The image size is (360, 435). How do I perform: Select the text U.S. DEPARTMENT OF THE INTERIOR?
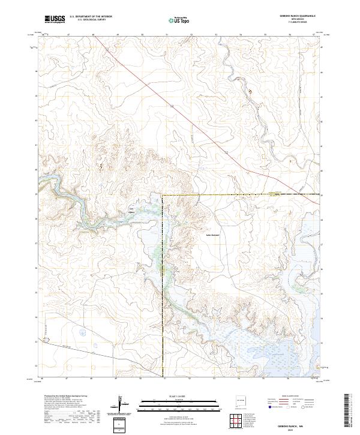(x=91, y=17)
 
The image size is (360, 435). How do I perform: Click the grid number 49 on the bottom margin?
(x=115, y=379)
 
